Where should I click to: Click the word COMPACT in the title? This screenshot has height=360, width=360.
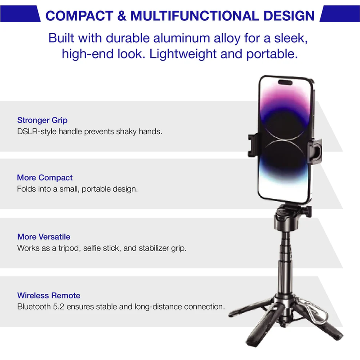click(x=79, y=16)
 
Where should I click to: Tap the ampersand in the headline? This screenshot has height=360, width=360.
click(x=121, y=16)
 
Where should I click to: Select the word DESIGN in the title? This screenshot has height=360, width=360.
click(x=289, y=16)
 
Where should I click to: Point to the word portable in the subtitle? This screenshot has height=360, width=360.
click(x=272, y=54)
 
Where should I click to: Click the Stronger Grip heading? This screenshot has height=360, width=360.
click(x=42, y=120)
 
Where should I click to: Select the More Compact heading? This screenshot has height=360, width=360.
click(x=45, y=177)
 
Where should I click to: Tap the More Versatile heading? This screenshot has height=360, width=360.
click(x=44, y=237)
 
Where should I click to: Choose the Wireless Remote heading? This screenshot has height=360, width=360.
click(x=49, y=296)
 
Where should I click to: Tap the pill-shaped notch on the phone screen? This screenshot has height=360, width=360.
click(x=285, y=82)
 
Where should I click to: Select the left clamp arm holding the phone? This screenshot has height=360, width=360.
click(x=254, y=145)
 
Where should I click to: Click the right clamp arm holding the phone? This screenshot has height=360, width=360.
click(x=315, y=151)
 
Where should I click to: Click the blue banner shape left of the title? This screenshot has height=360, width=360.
click(x=20, y=14)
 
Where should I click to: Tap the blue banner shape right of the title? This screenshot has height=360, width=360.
click(x=340, y=14)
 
